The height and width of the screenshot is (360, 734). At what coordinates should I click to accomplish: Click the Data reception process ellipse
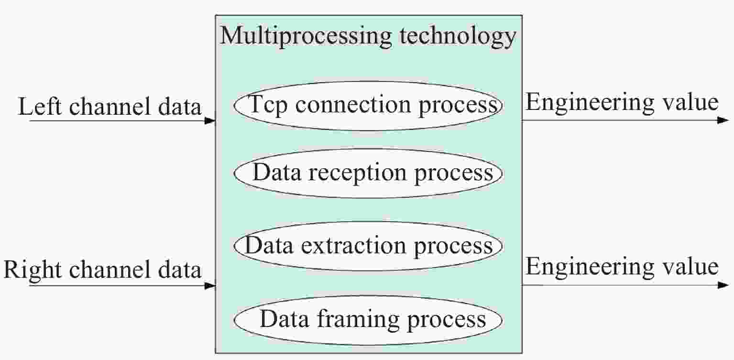click(x=368, y=173)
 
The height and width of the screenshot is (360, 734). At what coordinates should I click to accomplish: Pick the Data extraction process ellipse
click(x=368, y=246)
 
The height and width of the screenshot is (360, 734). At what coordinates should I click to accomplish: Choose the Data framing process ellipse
click(x=368, y=319)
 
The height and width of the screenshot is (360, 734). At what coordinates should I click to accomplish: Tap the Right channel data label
click(x=102, y=271)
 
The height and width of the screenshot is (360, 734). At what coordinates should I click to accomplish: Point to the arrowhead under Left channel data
click(x=210, y=121)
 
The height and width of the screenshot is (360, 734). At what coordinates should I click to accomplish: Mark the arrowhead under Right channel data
click(x=210, y=286)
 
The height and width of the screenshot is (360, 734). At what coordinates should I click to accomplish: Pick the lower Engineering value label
click(x=622, y=267)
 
